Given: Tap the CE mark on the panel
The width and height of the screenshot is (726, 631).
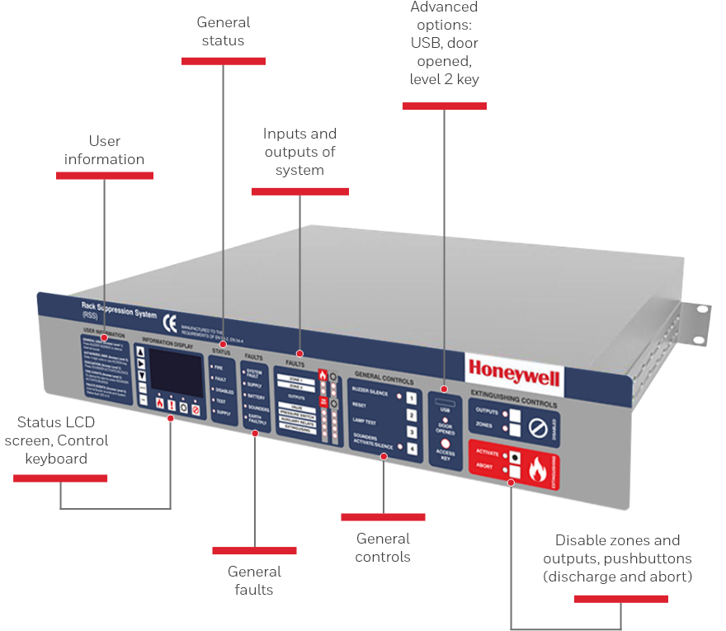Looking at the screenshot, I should coord(168,322).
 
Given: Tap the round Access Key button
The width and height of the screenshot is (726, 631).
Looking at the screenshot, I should coord(445,444).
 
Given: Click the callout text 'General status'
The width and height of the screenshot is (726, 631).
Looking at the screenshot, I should coord(223,31).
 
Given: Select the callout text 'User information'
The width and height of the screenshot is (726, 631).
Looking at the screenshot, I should coord(105,150).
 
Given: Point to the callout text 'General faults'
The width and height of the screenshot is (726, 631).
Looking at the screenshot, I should coord(254,580).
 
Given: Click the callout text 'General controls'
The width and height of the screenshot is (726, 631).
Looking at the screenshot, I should coord(383,547).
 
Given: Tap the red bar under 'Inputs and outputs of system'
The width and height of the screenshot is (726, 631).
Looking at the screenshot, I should coord(299,191).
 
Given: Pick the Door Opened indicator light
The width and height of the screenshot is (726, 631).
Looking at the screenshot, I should coord(445,420).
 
